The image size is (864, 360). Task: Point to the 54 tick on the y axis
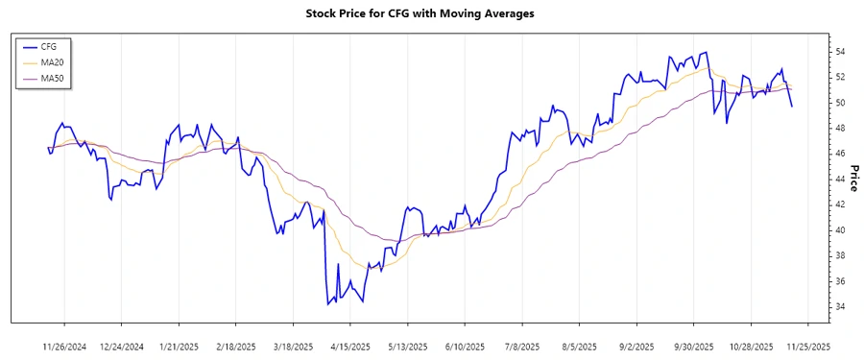[840, 51]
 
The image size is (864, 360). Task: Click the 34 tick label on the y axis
[840, 306]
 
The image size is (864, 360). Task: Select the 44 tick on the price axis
[840, 179]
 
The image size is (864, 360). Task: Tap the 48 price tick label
[840, 128]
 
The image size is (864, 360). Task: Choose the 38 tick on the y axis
[840, 255]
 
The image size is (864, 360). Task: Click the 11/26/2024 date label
[64, 346]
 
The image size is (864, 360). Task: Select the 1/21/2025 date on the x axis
[179, 346]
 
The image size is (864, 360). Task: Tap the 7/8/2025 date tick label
[521, 346]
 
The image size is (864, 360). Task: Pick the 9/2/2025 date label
[636, 346]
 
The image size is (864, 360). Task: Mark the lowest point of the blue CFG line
[328, 304]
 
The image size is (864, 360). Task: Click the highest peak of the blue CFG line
[708, 52]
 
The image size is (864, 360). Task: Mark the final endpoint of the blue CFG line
[792, 106]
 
